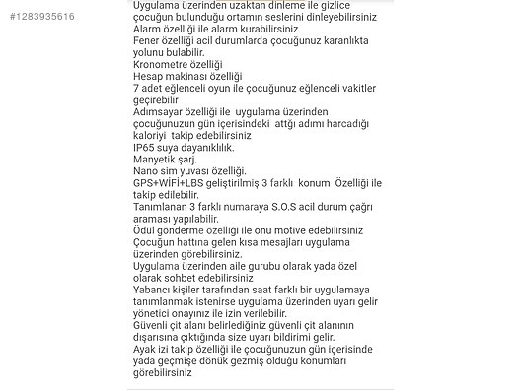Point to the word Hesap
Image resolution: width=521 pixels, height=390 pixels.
(149, 75)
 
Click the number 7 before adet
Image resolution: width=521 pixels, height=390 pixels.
(135, 88)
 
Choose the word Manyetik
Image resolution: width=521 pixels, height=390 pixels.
(156, 159)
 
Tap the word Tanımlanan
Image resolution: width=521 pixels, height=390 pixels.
(163, 207)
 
